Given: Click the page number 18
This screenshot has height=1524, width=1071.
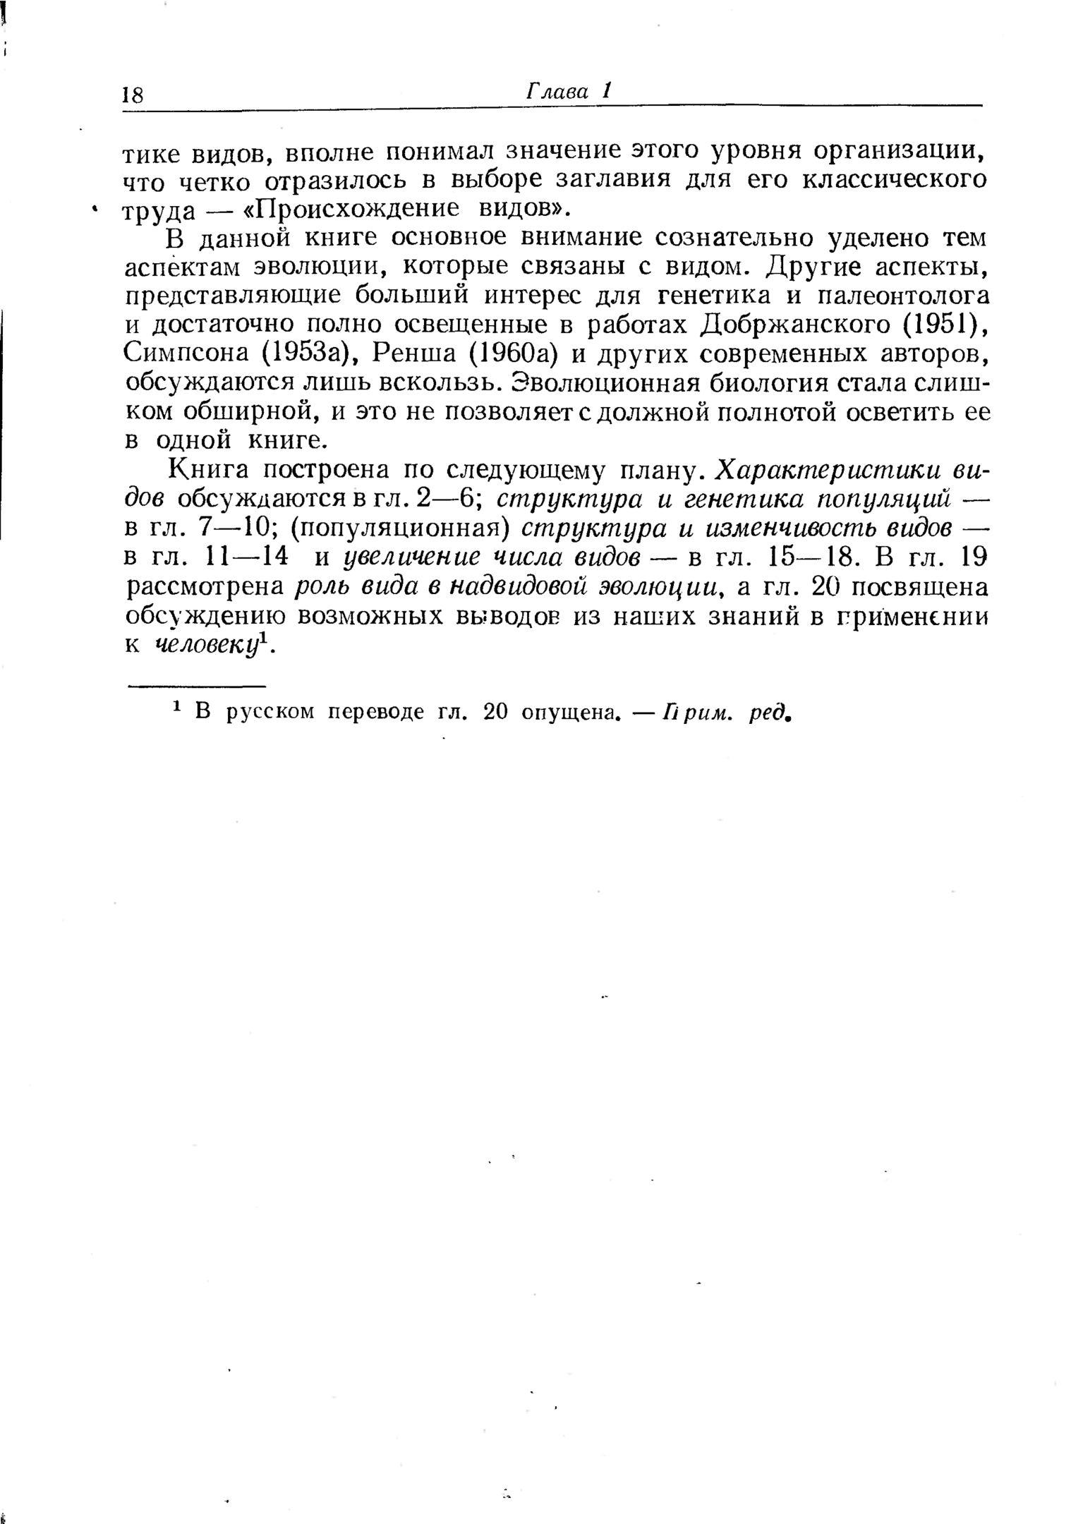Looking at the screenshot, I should pyautogui.click(x=133, y=95).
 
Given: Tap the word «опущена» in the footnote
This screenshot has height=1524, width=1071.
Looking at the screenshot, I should pyautogui.click(x=570, y=713).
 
